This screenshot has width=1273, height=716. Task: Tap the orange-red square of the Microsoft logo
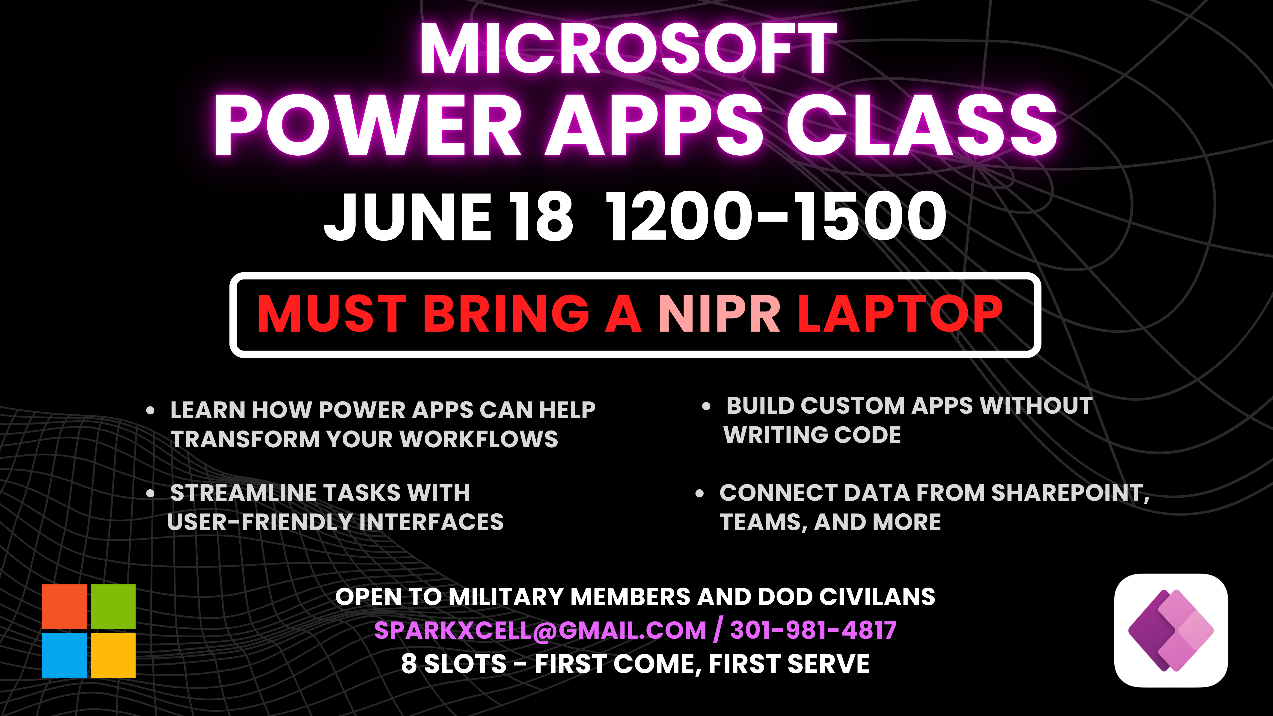coord(64,606)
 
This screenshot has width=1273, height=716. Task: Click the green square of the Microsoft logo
coord(113,606)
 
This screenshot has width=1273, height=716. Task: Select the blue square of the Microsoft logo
coord(64,655)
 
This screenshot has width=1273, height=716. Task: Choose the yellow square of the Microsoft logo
coord(113,655)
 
